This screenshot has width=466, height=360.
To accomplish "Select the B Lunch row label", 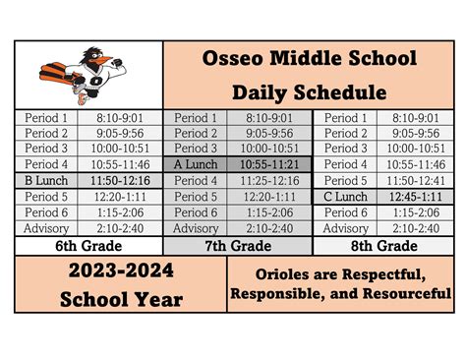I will (x=46, y=181).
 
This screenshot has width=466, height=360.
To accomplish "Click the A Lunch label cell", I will (x=195, y=164).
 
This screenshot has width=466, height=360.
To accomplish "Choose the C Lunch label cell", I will (x=346, y=197).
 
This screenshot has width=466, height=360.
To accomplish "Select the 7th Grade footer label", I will (x=237, y=245).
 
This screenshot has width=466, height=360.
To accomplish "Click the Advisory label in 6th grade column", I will (x=46, y=228).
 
